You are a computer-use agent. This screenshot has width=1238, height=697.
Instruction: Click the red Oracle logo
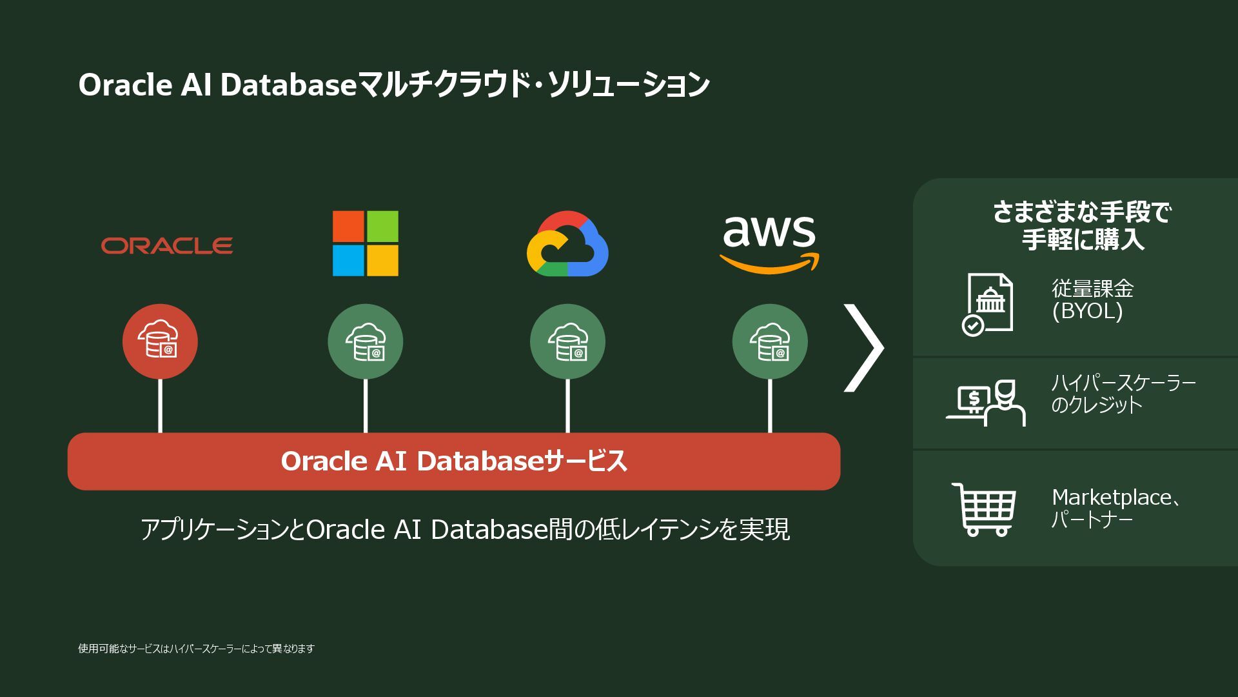coord(167,245)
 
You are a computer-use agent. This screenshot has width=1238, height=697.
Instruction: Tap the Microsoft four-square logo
coord(365,243)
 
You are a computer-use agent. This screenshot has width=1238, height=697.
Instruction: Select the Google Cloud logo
coord(567,244)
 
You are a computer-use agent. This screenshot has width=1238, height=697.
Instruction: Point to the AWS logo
coord(769,244)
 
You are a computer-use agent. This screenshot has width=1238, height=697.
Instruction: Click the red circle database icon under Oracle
coord(160,341)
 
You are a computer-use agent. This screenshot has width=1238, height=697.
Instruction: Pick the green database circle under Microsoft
coord(365,341)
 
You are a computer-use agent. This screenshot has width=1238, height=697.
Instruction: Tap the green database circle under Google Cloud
coord(567,341)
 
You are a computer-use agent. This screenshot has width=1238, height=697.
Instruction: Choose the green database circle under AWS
coord(770,341)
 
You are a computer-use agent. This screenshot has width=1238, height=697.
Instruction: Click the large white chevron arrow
coord(864,348)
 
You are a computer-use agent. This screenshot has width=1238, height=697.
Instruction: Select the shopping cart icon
coord(984,509)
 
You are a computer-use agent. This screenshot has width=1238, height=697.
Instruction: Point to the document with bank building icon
coord(988,304)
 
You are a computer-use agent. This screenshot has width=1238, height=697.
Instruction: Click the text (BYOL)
coord(1087,312)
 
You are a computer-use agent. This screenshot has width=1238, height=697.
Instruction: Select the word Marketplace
coord(1111,498)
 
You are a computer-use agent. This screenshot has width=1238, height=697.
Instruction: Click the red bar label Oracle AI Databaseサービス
coord(454,461)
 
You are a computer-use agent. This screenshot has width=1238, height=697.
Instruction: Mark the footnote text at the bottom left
coord(196,649)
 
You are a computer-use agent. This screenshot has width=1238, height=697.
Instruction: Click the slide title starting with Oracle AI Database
coord(393,85)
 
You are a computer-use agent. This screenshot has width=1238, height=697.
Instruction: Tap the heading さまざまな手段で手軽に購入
coord(1082,225)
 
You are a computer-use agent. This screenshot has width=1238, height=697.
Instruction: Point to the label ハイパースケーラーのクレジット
coord(1123,394)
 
